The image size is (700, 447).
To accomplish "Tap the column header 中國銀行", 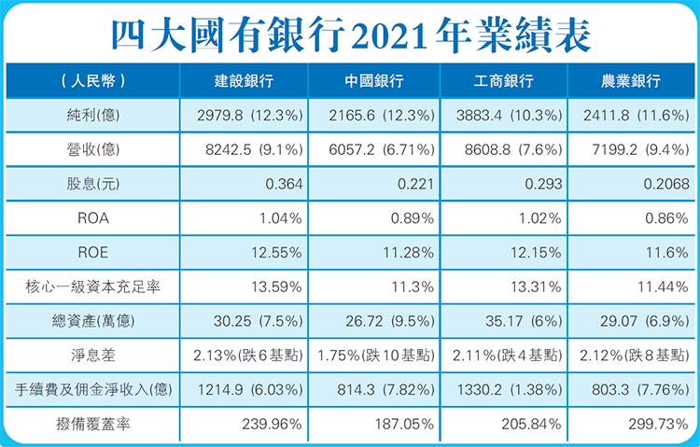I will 373,81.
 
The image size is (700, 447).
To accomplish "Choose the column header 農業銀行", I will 631,81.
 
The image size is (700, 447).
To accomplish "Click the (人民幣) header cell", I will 91,81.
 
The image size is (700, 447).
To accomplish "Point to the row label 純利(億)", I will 91,116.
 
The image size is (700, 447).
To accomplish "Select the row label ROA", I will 91,218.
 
